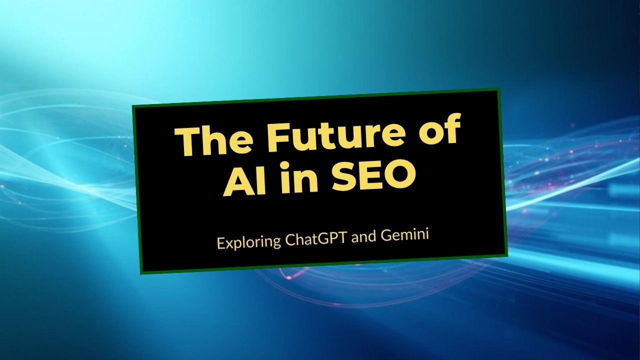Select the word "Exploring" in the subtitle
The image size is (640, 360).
point(247,242)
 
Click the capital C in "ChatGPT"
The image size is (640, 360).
point(289,240)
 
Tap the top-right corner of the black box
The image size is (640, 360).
point(499,89)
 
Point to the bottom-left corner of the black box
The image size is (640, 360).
point(142,273)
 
